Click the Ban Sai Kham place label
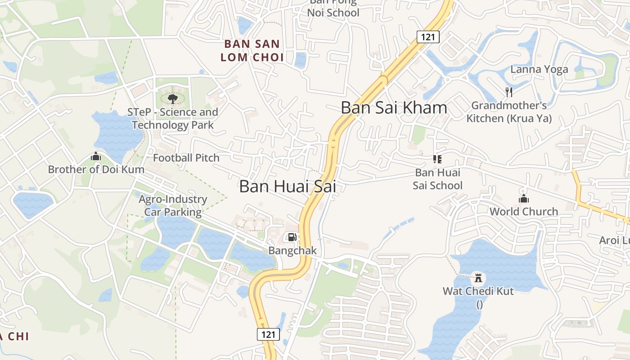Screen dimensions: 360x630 coord(394,108)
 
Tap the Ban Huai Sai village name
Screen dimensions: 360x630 coord(288,186)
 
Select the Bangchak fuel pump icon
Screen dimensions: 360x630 coord(292,237)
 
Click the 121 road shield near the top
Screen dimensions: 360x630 coord(427,37)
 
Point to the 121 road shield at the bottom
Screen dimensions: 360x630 coord(268,334)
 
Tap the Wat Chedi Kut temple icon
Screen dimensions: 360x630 coord(478,277)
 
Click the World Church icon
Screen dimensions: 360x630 coord(523,198)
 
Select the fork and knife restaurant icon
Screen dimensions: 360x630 coord(509,92)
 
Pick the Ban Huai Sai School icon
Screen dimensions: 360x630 coord(437,159)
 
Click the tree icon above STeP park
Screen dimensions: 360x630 coord(172,98)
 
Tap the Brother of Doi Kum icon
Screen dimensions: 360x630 coord(96,157)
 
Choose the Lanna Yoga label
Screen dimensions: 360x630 coord(539,69)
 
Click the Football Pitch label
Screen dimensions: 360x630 coord(186,158)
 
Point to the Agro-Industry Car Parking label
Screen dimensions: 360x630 coord(173,206)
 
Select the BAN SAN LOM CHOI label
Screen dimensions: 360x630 coord(254,51)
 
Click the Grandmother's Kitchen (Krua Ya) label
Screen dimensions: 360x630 coord(509,112)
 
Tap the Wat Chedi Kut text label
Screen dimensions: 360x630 coord(478,291)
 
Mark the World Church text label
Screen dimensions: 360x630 coord(523,211)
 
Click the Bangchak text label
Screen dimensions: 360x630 coord(292,251)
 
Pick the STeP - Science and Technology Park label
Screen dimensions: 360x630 coord(173,119)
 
